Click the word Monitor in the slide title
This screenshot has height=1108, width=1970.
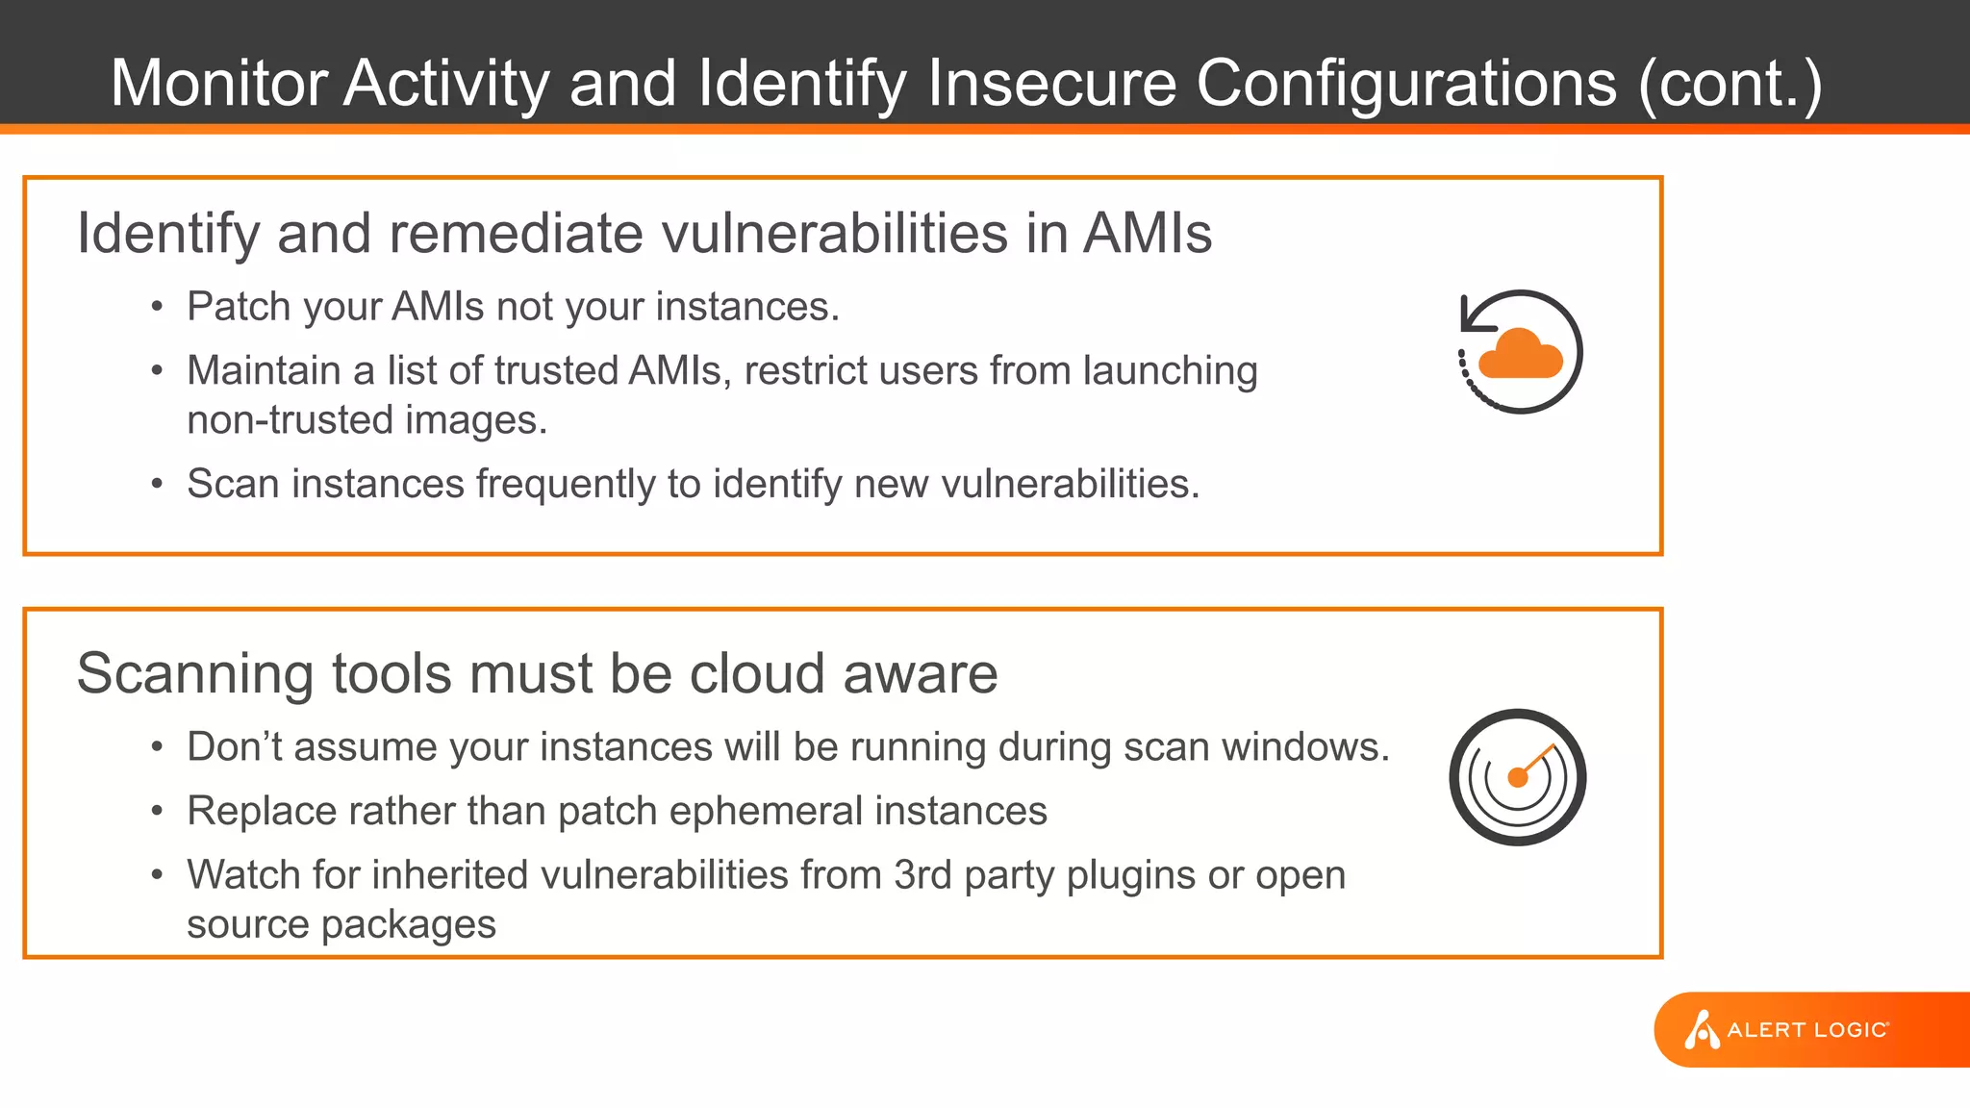218,83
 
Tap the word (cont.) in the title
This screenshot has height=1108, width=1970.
1730,85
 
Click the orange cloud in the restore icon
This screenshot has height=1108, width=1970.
1520,355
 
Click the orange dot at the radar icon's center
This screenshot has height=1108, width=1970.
1518,777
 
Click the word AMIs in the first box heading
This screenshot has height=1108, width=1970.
1148,234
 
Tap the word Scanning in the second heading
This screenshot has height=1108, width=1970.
195,673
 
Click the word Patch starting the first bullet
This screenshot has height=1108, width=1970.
239,307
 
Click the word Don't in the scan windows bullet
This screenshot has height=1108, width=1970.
235,747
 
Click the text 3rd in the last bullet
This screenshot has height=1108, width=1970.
922,875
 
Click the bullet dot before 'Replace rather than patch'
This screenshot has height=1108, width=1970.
157,812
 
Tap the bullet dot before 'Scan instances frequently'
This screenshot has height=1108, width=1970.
157,485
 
